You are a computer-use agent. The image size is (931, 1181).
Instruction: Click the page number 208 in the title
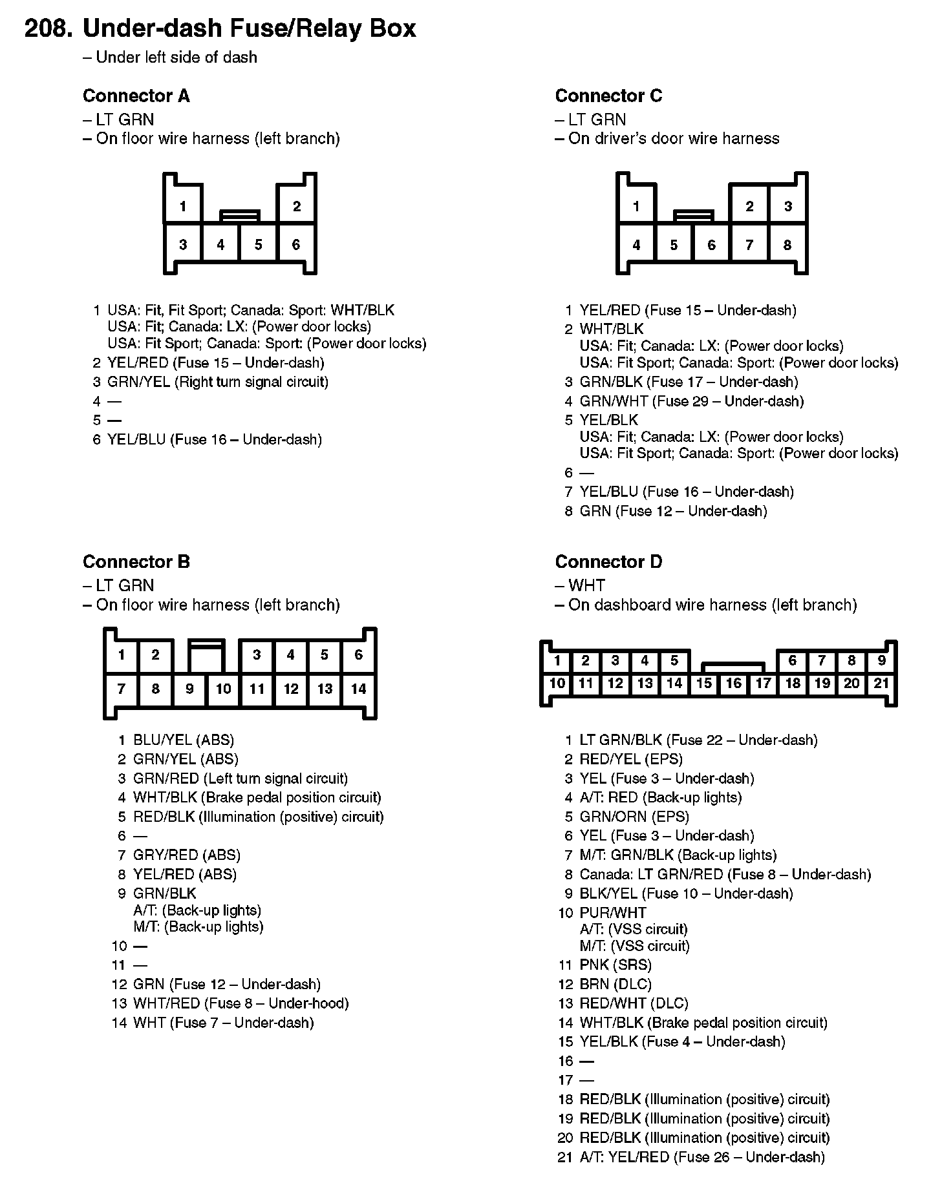click(x=48, y=28)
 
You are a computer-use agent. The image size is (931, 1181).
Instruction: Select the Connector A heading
click(x=136, y=96)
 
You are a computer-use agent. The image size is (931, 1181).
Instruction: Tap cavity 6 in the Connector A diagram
click(x=296, y=244)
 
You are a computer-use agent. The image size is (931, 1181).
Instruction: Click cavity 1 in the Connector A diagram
click(x=183, y=206)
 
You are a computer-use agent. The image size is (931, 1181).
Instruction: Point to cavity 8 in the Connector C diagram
click(x=787, y=245)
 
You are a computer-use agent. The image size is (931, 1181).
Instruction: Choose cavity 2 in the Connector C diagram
click(x=749, y=206)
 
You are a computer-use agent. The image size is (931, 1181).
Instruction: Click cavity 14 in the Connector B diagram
click(x=358, y=689)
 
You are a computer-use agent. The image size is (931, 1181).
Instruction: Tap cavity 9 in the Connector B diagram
click(x=189, y=689)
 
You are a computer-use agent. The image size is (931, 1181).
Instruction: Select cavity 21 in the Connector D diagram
click(x=881, y=684)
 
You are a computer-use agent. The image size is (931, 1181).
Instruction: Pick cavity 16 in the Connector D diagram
click(x=733, y=684)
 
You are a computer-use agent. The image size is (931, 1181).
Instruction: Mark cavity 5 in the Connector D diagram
click(x=674, y=660)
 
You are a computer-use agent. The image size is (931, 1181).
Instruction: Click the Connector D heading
click(x=608, y=562)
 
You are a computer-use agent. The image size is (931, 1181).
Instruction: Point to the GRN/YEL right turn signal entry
click(x=217, y=382)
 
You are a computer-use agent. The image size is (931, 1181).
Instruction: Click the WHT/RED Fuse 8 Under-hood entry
click(x=240, y=1003)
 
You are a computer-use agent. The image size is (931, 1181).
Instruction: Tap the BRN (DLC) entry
click(x=615, y=984)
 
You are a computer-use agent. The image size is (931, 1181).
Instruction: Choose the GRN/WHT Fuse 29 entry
click(x=691, y=401)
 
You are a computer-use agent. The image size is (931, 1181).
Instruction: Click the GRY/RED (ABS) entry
click(x=186, y=855)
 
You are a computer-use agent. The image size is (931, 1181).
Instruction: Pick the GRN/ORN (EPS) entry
click(x=634, y=817)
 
